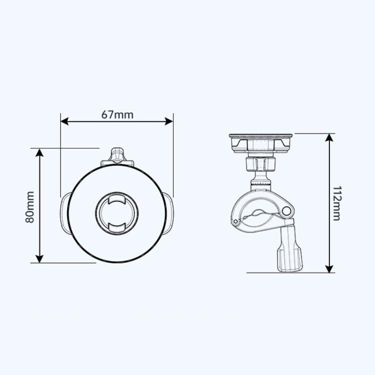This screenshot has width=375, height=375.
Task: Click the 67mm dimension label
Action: (117, 114)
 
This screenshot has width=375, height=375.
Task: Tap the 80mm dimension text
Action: (29, 206)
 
